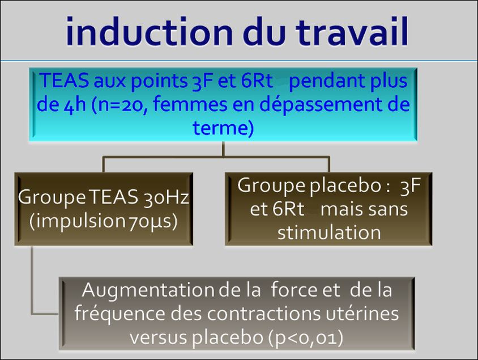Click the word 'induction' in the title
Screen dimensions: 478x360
pos(150,31)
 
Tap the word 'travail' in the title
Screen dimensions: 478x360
pos(352,31)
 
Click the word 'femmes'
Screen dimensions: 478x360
pos(190,104)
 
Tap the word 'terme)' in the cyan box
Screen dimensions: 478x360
pos(223,128)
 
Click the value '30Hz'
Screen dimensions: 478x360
pos(167,197)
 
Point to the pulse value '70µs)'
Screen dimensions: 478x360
pos(152,222)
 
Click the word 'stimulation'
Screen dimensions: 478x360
pos(329,232)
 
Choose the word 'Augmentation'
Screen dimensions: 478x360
pos(149,290)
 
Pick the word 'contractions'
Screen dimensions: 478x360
pos(245,314)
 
